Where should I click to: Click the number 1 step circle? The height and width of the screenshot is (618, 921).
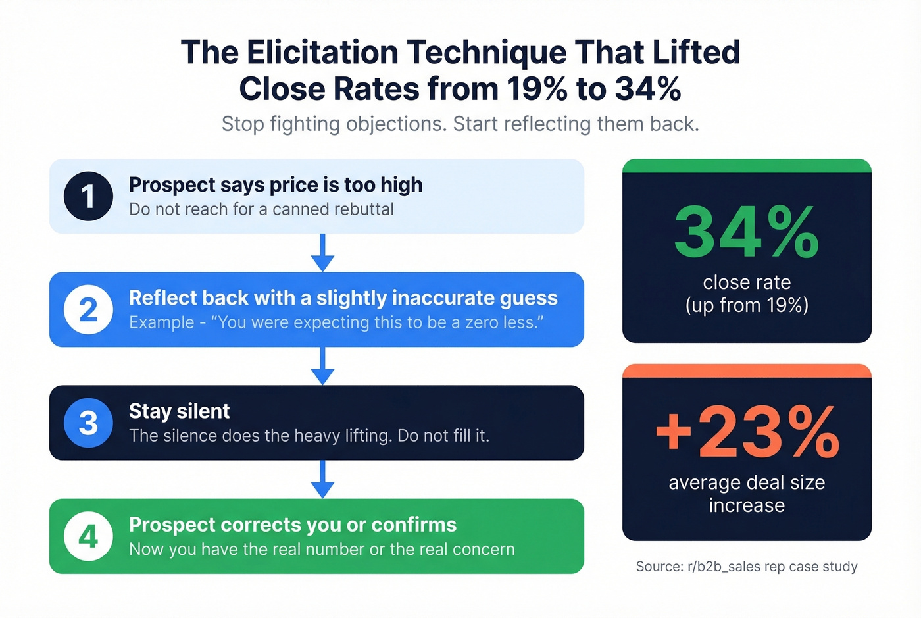pyautogui.click(x=88, y=196)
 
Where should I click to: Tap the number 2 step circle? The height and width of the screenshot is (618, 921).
pyautogui.click(x=88, y=309)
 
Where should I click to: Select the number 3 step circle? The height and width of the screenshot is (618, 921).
pyautogui.click(x=88, y=423)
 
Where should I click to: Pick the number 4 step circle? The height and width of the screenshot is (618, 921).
pyautogui.click(x=88, y=536)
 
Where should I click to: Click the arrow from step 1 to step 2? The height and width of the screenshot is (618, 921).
pyautogui.click(x=322, y=253)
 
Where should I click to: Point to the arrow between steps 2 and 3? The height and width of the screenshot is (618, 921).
pyautogui.click(x=322, y=366)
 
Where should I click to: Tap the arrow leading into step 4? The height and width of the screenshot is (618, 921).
pyautogui.click(x=322, y=479)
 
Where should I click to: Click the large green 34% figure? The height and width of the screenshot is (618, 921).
pyautogui.click(x=747, y=232)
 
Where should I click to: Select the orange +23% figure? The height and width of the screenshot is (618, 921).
pyautogui.click(x=747, y=432)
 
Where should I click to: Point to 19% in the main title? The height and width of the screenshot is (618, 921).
pyautogui.click(x=537, y=89)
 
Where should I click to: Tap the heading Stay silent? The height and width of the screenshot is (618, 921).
pyautogui.click(x=179, y=411)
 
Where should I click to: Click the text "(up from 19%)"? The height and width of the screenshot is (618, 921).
pyautogui.click(x=747, y=305)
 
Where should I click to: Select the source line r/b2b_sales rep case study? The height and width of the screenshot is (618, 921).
pyautogui.click(x=747, y=567)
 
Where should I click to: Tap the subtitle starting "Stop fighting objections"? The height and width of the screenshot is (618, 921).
pyautogui.click(x=460, y=124)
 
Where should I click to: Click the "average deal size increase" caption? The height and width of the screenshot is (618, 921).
pyautogui.click(x=747, y=494)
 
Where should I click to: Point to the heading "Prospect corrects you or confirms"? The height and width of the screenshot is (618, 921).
pyautogui.click(x=293, y=525)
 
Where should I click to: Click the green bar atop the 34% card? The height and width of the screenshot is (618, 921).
pyautogui.click(x=747, y=165)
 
